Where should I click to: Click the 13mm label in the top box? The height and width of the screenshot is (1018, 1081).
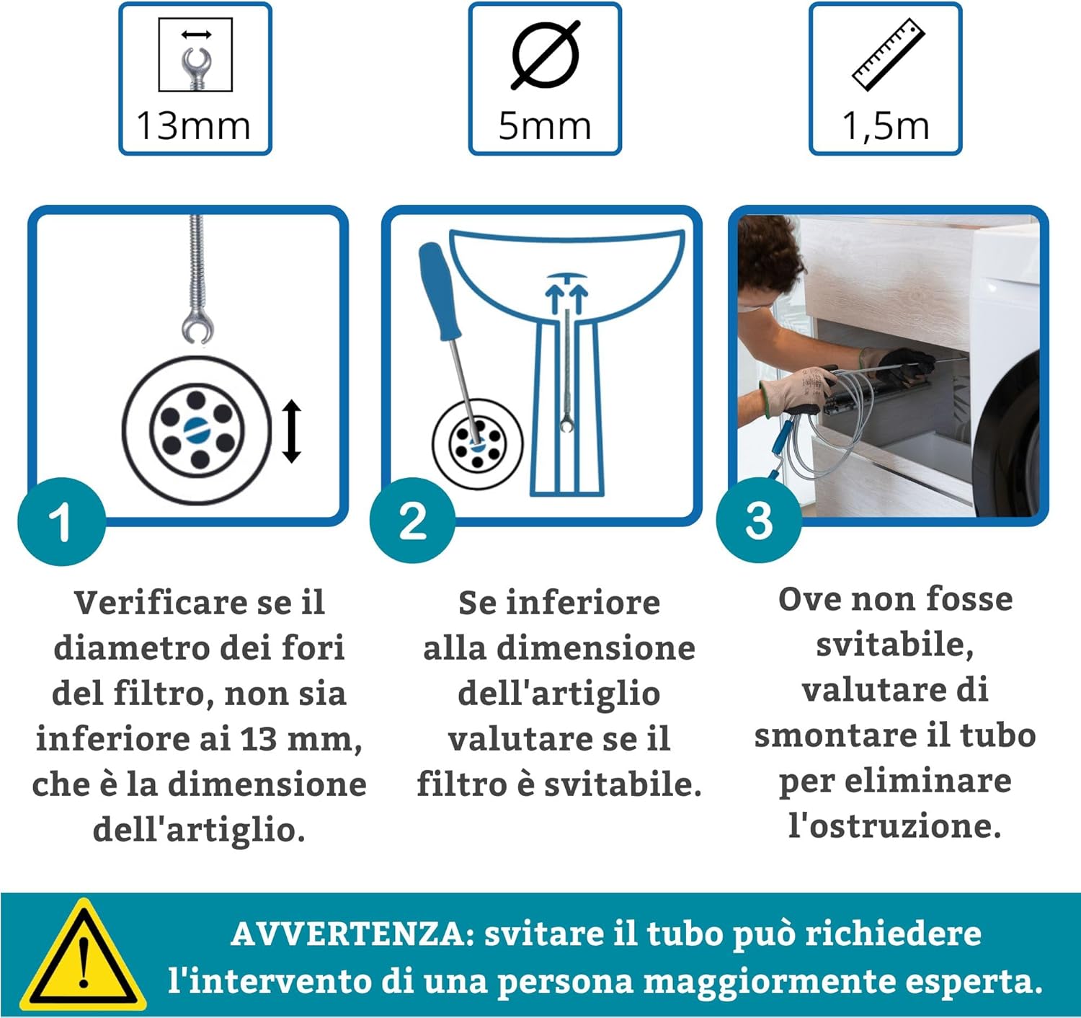193,126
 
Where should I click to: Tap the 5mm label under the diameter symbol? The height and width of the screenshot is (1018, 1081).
544,126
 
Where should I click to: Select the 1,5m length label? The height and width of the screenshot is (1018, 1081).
886,127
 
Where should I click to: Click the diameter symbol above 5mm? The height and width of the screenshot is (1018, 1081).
545,55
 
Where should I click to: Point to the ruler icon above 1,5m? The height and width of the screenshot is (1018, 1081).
889,55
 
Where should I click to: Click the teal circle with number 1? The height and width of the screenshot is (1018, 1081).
61,521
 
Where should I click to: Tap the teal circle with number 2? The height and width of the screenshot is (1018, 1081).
413,520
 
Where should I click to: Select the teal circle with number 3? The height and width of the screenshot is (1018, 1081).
759,520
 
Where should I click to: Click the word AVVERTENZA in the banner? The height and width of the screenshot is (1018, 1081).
352,934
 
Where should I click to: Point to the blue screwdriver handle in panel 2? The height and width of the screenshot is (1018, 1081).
439,291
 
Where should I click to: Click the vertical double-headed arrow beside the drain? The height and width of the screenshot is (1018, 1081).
292,431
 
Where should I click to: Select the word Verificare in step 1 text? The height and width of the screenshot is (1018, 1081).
155,603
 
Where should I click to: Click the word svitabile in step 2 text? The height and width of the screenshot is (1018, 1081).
623,785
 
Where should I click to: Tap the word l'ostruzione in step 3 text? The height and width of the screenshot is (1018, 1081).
895,826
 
